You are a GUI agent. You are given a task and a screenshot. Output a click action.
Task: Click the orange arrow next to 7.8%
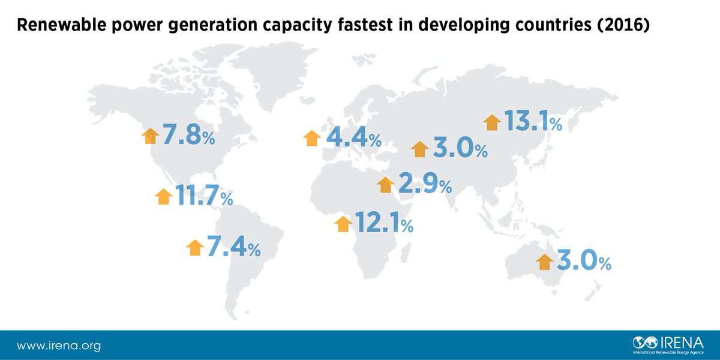click(149, 136)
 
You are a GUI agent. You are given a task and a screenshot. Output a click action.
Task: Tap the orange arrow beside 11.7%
click(163, 196)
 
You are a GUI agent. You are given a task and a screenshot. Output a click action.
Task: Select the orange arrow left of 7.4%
click(195, 247)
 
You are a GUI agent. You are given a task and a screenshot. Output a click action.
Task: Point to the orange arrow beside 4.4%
click(311, 138)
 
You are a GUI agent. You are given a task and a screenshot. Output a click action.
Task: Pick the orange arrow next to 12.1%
click(343, 224)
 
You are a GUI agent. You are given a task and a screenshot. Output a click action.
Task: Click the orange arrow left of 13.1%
click(492, 122)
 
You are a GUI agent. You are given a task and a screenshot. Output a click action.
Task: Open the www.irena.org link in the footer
click(58, 346)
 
